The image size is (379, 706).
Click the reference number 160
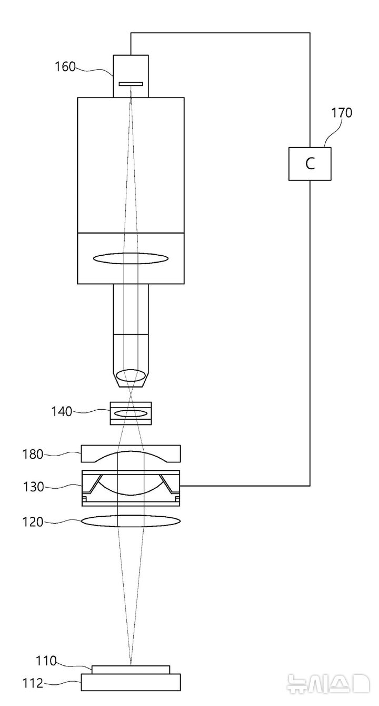(x=65, y=66)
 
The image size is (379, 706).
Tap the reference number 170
(x=342, y=112)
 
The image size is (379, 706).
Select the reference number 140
(x=61, y=411)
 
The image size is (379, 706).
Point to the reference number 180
(x=33, y=453)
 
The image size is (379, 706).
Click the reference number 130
(x=33, y=487)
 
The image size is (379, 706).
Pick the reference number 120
(x=33, y=522)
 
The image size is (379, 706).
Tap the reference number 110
(x=46, y=660)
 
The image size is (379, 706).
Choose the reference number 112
(x=33, y=684)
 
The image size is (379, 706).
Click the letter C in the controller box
(x=310, y=164)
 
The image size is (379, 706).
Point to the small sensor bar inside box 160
(x=131, y=84)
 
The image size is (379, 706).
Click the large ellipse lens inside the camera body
(x=131, y=258)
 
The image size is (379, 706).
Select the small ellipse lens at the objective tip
(x=131, y=376)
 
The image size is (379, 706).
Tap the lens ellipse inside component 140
(x=131, y=413)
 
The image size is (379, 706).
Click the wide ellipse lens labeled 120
(x=131, y=521)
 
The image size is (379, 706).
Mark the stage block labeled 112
(x=131, y=682)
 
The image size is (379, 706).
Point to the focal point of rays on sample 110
(x=131, y=665)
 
